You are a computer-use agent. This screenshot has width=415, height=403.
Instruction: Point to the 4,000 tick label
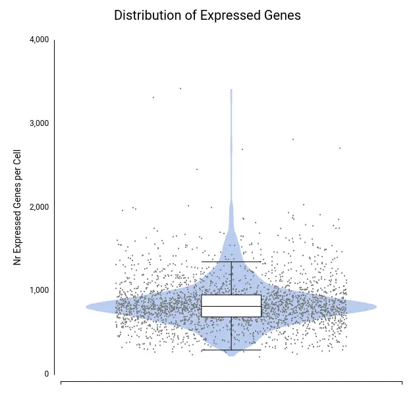(x=40, y=40)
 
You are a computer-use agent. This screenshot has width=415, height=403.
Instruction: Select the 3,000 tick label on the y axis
(x=40, y=123)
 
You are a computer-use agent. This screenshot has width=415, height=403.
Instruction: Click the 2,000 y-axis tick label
(x=40, y=207)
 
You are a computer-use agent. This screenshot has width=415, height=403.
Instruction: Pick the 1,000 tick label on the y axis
(x=40, y=290)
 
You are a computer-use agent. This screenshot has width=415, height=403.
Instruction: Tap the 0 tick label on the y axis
(x=47, y=374)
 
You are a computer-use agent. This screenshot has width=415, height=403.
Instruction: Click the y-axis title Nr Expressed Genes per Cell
(x=18, y=207)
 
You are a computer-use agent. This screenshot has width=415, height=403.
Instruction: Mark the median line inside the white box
(x=231, y=306)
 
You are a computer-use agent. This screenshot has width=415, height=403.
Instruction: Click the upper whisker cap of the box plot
(x=231, y=262)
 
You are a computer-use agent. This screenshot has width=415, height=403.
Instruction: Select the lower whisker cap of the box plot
(x=231, y=350)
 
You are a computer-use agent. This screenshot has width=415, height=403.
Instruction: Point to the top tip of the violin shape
(x=231, y=89)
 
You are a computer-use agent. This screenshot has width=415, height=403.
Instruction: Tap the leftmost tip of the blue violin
(x=86, y=306)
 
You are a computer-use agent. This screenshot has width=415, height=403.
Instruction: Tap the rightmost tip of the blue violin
(x=376, y=306)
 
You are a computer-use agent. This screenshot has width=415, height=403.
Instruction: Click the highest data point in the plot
(x=180, y=88)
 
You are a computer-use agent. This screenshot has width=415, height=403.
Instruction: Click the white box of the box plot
(x=231, y=301)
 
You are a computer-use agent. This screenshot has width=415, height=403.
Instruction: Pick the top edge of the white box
(x=231, y=295)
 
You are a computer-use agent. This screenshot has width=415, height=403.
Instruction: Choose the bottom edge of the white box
(x=231, y=317)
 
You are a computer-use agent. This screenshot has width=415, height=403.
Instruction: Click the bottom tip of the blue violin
(x=231, y=356)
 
